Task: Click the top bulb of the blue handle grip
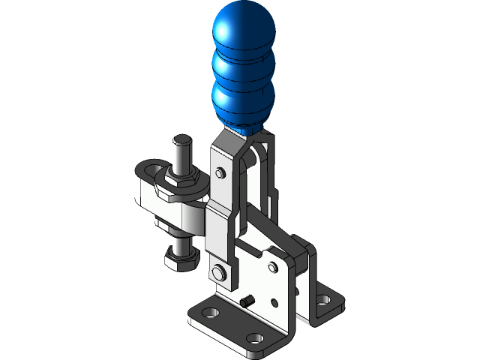tap(245, 28)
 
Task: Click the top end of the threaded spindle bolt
tap(181, 140)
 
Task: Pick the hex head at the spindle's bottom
tap(181, 259)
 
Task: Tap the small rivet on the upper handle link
tap(220, 173)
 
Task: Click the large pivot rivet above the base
tap(219, 271)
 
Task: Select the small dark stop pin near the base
tap(246, 301)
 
